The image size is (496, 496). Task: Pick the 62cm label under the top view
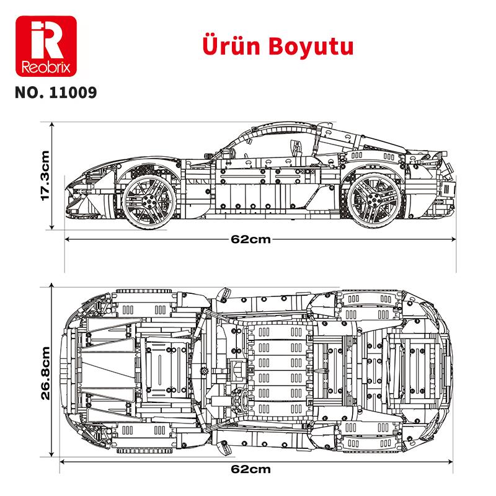pos(259,469)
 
